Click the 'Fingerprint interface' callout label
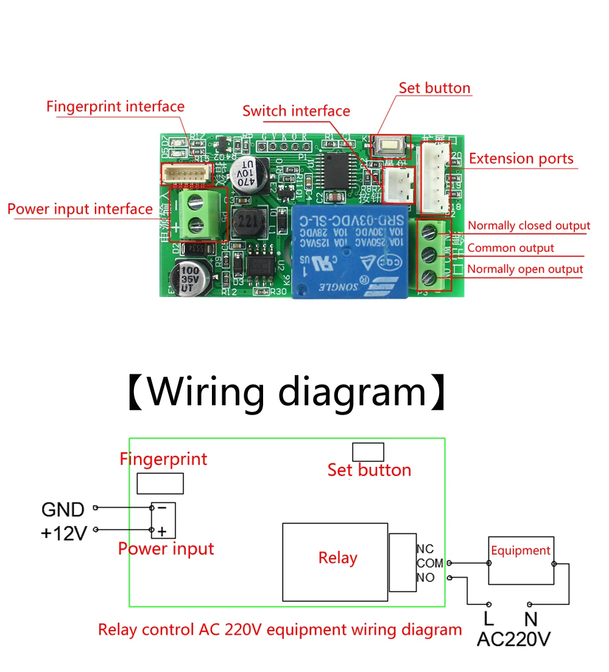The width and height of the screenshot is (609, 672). tap(115, 107)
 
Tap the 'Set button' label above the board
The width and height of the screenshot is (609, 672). tap(434, 88)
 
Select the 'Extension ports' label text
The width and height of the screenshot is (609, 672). tap(521, 159)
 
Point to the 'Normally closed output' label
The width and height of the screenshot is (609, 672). tap(529, 226)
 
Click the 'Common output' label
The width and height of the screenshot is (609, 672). tap(510, 248)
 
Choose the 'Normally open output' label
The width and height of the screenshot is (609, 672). tap(525, 269)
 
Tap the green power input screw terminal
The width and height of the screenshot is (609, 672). tap(195, 214)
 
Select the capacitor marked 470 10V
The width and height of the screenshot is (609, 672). tap(247, 173)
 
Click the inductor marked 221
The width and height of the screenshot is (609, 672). tap(247, 222)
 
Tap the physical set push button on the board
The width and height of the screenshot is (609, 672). tap(387, 145)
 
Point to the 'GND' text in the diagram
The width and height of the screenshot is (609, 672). tap(62, 509)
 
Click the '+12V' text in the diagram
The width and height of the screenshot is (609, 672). tap(64, 533)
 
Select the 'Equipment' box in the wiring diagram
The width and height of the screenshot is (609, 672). tap(521, 560)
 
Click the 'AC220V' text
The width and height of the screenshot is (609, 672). tap(513, 639)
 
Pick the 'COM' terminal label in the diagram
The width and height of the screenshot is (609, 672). tap(429, 563)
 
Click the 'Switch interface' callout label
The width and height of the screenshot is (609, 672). tap(296, 111)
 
